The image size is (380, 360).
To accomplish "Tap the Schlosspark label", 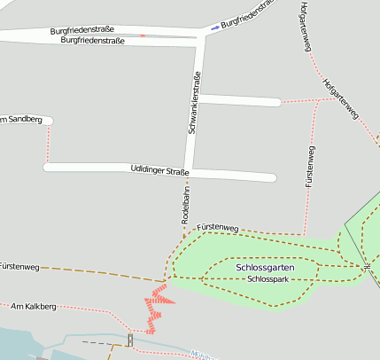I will pos(268,279).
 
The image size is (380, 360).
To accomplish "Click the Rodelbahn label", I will pos(186,205).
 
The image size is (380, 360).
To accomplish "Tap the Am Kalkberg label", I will pos(33,307).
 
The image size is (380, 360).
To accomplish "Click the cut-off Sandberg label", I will pos(19,120).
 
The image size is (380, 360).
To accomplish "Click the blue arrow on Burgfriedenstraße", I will pos(214,28).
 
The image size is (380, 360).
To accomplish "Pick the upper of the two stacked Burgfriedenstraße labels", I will pos(82,30).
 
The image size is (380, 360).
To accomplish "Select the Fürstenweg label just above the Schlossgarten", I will pos(218,229).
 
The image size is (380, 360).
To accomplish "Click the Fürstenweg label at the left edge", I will pos(19,266).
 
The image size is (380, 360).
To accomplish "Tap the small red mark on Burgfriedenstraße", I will pos(143,36).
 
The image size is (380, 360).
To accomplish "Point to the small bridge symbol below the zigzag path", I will pos(130,340).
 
